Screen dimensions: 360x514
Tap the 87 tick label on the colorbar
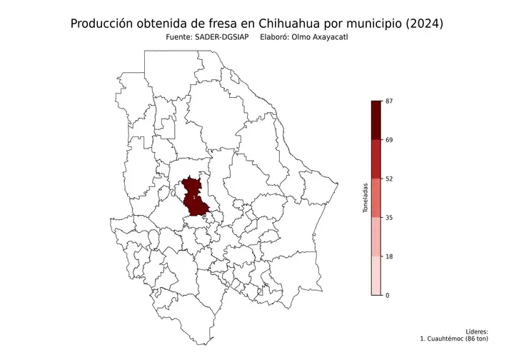[389, 101]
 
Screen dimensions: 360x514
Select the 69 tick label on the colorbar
[389, 140]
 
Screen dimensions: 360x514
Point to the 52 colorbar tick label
[389, 179]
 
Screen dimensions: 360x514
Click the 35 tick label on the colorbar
[389, 217]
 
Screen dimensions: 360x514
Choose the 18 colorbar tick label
[389, 256]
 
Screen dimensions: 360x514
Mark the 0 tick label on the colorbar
[388, 295]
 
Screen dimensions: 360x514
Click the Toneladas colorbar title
[365, 198]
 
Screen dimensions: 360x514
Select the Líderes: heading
[476, 331]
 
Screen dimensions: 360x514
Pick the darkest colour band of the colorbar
[376, 120]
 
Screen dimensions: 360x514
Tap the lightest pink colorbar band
[376, 275]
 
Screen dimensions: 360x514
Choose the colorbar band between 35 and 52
[376, 198]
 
